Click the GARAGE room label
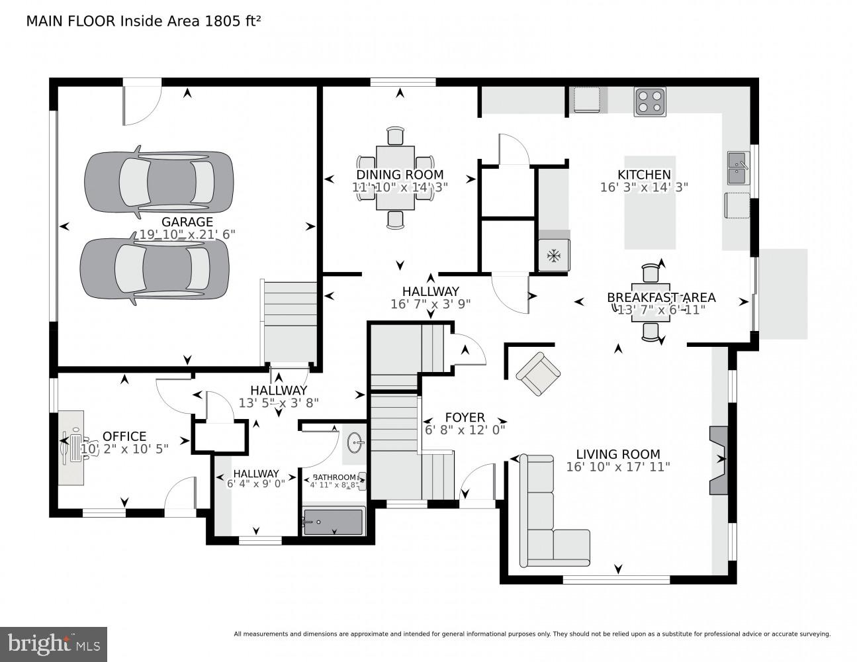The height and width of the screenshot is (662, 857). tap(187, 222)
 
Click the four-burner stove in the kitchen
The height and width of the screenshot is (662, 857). tap(649, 102)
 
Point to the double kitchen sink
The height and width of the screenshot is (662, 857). tap(738, 168)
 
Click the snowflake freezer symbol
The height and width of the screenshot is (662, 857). tap(553, 255)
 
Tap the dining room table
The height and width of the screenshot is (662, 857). tap(395, 178)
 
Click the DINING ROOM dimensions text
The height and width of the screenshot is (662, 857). tap(400, 187)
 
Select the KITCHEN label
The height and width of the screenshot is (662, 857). tap(644, 174)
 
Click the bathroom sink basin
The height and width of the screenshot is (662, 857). tap(355, 442)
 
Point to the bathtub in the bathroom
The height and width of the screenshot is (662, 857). tap(333, 522)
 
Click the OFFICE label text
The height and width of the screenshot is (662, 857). tap(124, 436)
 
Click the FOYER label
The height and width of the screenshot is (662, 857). tap(465, 418)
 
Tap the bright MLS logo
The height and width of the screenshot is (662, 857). tap(54, 643)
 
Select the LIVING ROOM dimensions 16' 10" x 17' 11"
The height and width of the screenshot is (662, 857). tap(618, 467)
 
